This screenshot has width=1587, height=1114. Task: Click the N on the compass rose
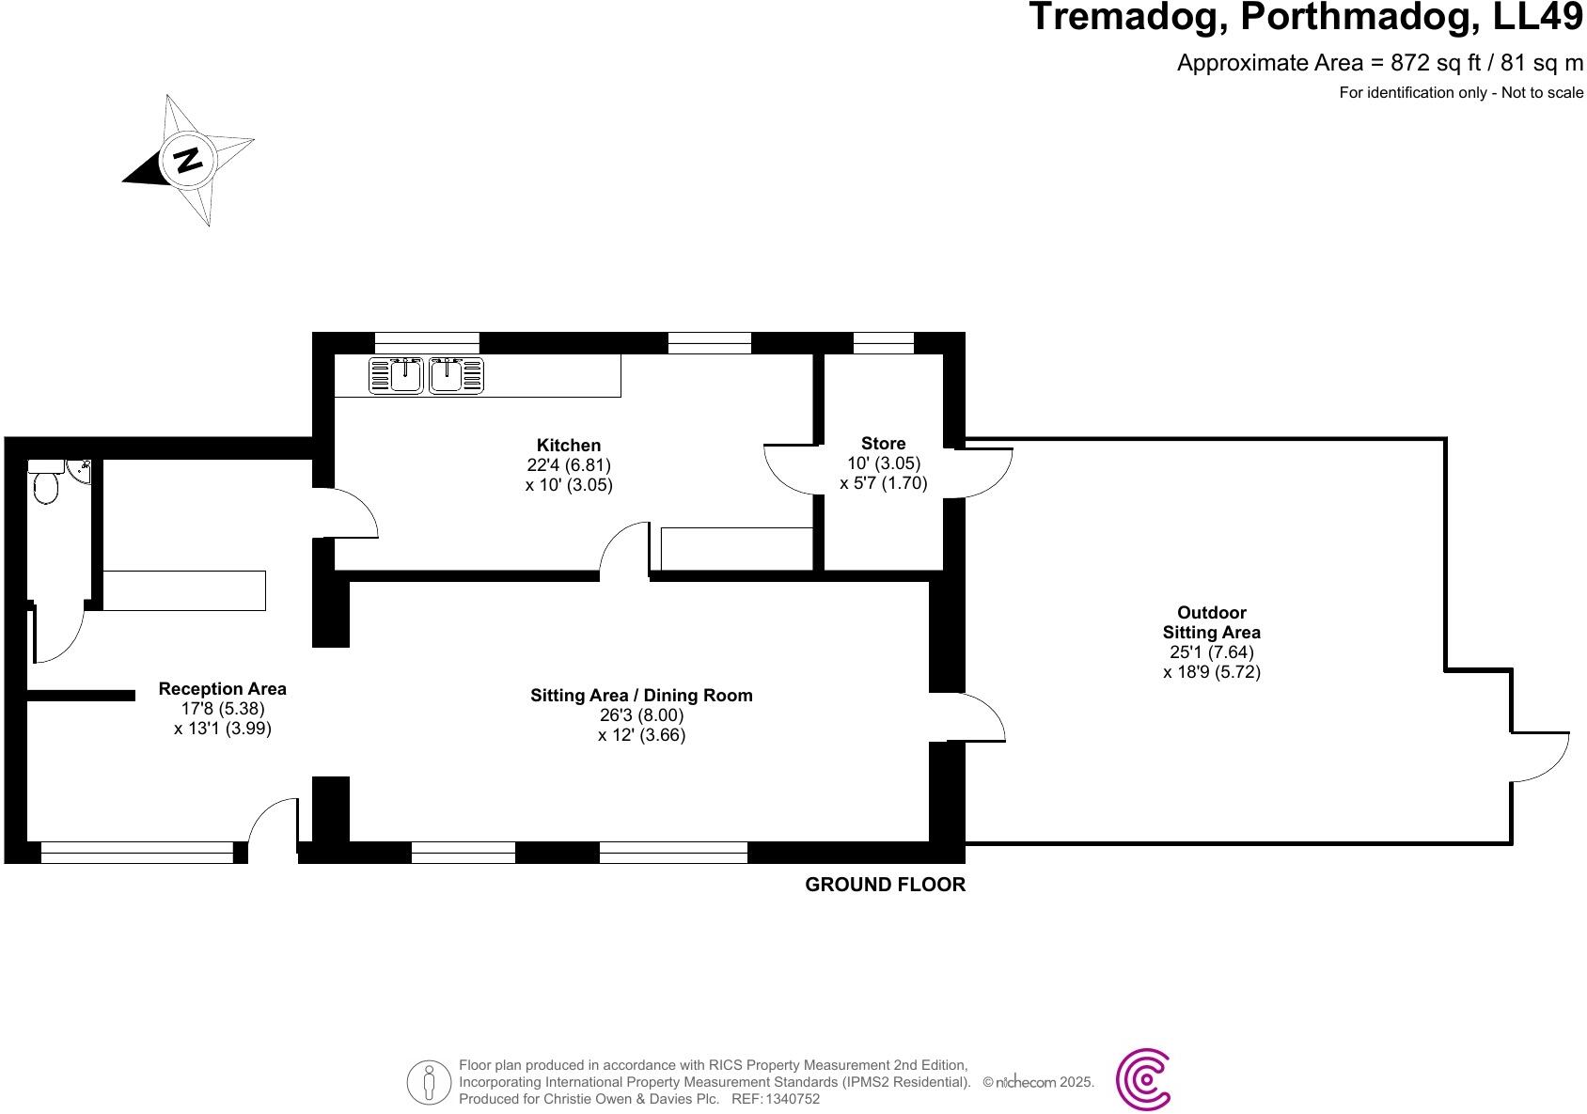click(x=190, y=160)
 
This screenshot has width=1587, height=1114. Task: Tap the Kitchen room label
click(x=568, y=446)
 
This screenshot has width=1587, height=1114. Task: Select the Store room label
click(x=883, y=443)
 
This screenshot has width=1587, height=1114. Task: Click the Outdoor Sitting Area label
click(x=1211, y=622)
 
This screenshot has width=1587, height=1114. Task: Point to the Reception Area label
click(x=223, y=689)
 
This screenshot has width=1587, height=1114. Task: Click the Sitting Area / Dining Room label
click(x=641, y=696)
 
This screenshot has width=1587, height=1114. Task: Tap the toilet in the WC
click(x=44, y=487)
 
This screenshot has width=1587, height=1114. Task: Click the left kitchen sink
click(x=396, y=375)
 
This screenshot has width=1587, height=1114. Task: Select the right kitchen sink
click(x=457, y=375)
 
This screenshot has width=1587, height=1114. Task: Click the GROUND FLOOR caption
click(x=885, y=885)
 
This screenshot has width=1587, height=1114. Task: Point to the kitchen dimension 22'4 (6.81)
click(x=568, y=465)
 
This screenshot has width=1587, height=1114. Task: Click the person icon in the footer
click(x=430, y=1082)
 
